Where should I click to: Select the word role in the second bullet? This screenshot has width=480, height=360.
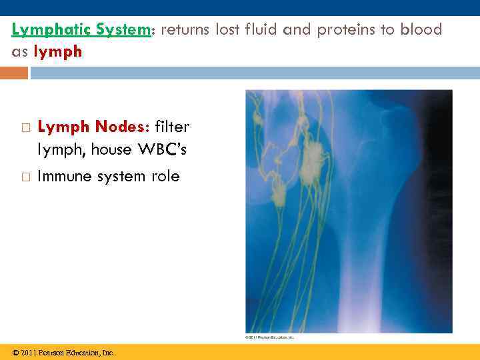tap(165, 177)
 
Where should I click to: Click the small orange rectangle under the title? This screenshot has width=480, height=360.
tap(14, 72)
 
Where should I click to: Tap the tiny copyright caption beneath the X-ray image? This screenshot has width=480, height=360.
tap(270, 337)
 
